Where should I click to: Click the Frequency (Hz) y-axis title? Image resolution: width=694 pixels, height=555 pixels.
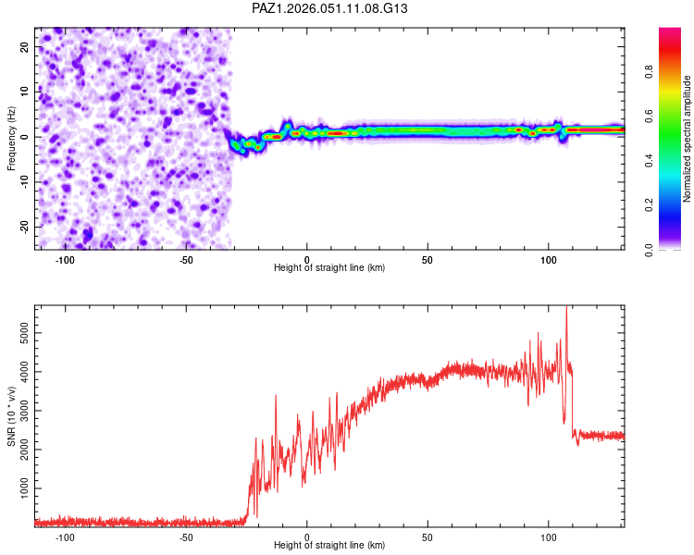point(12,138)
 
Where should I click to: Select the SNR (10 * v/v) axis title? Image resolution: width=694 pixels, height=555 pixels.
point(12,415)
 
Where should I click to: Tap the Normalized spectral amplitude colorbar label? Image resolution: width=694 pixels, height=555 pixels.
point(687,139)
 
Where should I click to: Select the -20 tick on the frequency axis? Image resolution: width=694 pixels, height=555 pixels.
point(22,227)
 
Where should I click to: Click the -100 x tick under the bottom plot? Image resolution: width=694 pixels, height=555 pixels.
point(65,537)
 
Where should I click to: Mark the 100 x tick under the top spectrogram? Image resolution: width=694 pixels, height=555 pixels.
point(548,260)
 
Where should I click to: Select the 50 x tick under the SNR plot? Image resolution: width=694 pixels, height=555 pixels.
point(428,537)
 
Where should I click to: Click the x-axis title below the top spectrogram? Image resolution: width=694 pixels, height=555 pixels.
point(329,268)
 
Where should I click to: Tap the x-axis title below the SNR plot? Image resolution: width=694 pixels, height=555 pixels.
point(329,546)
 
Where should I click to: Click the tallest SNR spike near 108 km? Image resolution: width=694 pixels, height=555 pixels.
point(566,310)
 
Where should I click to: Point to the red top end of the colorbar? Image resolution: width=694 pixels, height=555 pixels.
point(670,32)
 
